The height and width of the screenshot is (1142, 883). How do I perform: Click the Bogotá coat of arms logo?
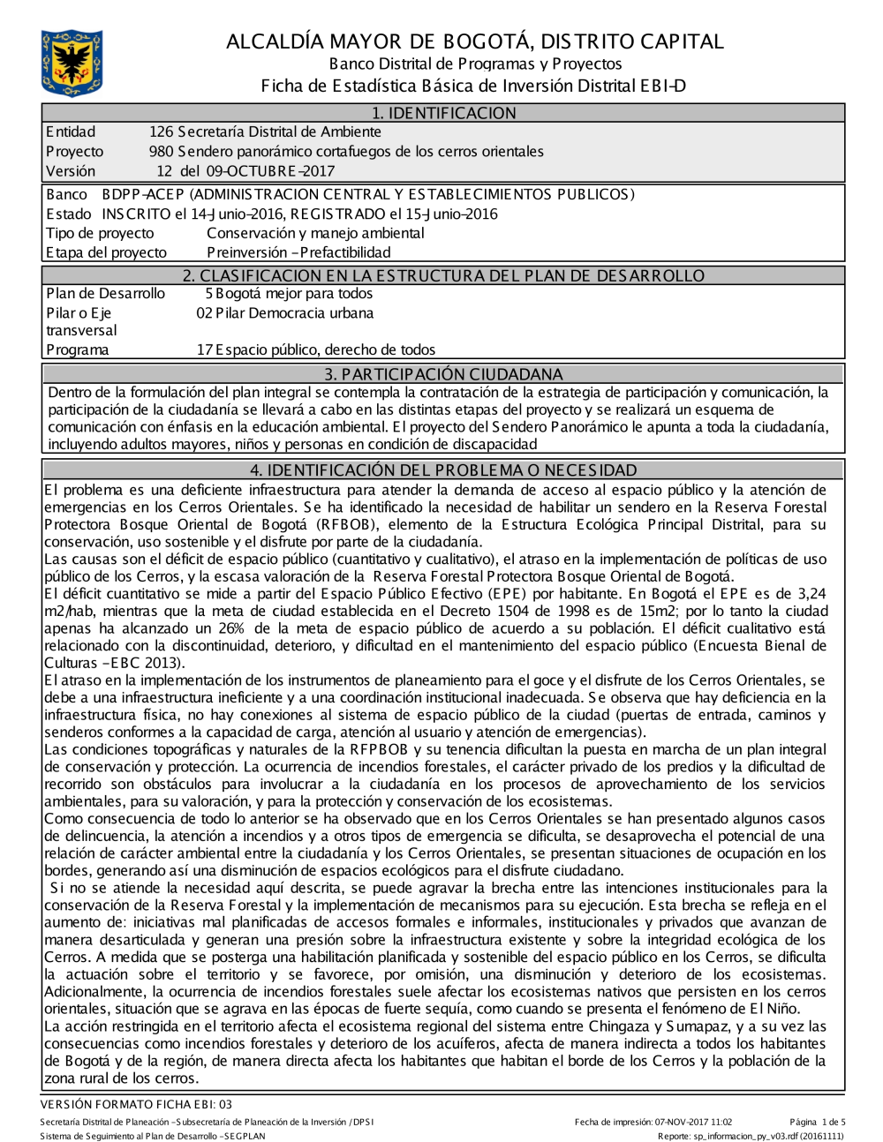(x=72, y=63)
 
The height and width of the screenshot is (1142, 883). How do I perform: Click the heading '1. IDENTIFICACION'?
(x=443, y=113)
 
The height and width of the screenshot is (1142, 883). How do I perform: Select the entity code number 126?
(x=162, y=132)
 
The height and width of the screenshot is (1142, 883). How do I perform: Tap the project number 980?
(x=161, y=152)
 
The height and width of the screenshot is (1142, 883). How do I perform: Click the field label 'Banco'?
(x=67, y=194)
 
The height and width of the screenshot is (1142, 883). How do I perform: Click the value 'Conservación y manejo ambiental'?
(x=315, y=233)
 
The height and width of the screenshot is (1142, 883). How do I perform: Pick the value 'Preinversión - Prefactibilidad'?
(x=298, y=252)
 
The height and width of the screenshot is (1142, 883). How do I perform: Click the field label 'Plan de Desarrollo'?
(x=105, y=294)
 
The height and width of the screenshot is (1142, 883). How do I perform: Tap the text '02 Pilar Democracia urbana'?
(x=284, y=313)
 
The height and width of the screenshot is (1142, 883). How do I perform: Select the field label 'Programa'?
(x=78, y=349)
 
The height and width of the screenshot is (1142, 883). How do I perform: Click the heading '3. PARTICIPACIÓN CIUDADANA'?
(x=443, y=373)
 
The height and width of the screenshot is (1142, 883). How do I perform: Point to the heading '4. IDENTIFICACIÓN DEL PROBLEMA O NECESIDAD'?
(x=443, y=470)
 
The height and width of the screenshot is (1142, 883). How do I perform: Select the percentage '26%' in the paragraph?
(x=230, y=628)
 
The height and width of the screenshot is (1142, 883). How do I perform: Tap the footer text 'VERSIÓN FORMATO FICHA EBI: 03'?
(x=136, y=1104)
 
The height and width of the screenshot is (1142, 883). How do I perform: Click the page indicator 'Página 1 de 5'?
(x=818, y=1122)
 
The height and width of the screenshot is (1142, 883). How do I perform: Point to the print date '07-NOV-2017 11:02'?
(x=693, y=1122)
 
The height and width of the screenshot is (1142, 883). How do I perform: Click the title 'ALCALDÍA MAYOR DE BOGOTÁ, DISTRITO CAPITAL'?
(x=475, y=41)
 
